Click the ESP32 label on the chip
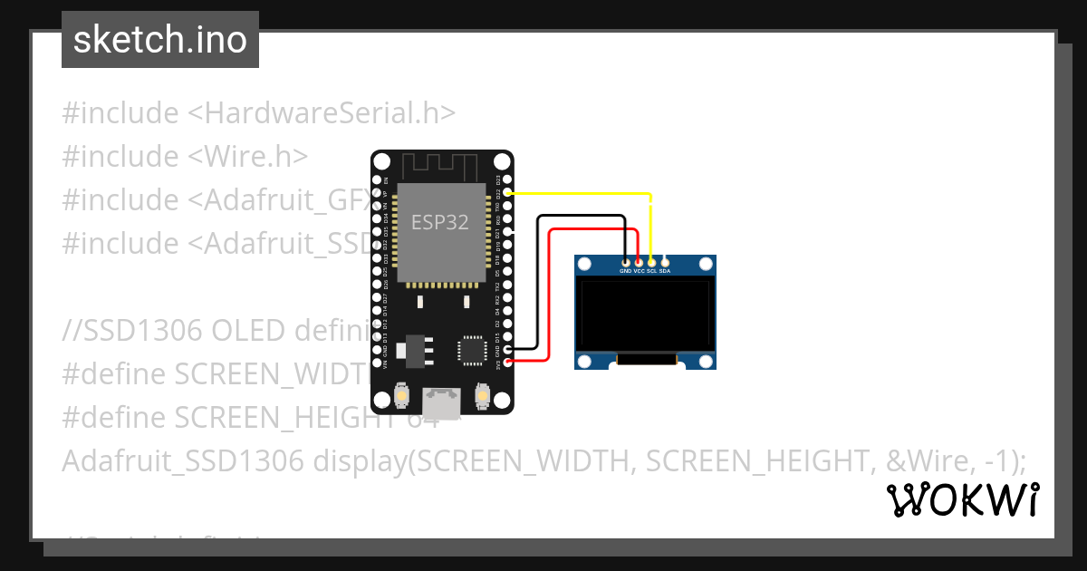point(440,222)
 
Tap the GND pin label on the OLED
point(625,271)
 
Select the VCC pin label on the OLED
point(639,271)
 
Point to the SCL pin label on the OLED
point(651,271)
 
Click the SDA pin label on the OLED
point(665,271)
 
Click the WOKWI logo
point(963,499)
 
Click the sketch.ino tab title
point(160,40)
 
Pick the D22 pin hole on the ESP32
point(507,193)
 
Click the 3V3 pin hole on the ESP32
point(507,362)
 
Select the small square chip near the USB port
point(472,350)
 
